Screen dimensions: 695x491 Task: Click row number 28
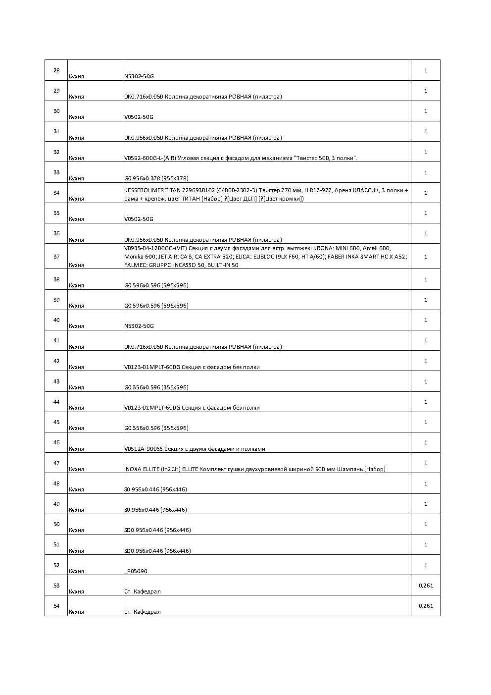[x=56, y=70]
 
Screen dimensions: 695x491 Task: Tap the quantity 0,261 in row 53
[x=426, y=586]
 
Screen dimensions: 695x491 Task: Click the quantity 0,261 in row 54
[x=426, y=606]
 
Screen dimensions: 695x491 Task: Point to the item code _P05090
[x=136, y=571]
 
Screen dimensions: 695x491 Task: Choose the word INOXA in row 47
[x=132, y=469]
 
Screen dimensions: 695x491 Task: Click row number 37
[x=56, y=257]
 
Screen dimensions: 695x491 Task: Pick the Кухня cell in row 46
[x=77, y=449]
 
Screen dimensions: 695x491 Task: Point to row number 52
[x=56, y=565]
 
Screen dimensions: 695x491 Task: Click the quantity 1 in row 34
[x=426, y=193]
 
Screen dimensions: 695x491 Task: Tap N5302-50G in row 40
[x=139, y=326]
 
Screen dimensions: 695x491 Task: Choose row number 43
[x=56, y=381]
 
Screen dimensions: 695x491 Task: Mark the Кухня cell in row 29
[x=77, y=97]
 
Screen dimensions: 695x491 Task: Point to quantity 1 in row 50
[x=426, y=524]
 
